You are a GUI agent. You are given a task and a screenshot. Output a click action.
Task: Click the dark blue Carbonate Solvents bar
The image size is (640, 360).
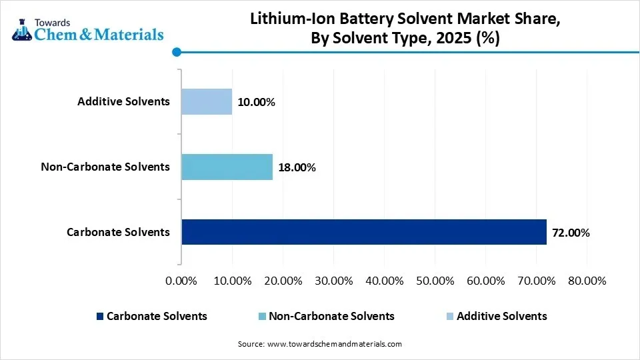pyautogui.click(x=363, y=232)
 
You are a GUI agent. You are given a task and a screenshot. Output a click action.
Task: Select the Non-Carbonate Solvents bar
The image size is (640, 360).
pyautogui.click(x=227, y=167)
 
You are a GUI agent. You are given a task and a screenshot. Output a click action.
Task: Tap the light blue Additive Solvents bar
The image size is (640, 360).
pyautogui.click(x=207, y=101)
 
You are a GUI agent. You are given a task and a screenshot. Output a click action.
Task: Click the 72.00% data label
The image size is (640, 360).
pyautogui.click(x=571, y=233)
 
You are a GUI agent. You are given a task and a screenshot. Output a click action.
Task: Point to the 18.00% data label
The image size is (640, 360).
pyautogui.click(x=297, y=167)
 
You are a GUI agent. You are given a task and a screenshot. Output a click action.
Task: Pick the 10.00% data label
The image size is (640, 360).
pyautogui.click(x=256, y=102)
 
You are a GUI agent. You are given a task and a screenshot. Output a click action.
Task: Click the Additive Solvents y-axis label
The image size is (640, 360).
pyautogui.click(x=123, y=101)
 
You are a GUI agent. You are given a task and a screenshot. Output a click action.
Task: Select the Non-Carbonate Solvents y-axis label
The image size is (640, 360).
pyautogui.click(x=105, y=167)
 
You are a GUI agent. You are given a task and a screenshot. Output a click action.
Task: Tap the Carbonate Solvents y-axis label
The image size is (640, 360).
pyautogui.click(x=118, y=232)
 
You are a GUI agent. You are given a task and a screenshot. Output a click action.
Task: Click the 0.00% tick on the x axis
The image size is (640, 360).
pyautogui.click(x=181, y=281)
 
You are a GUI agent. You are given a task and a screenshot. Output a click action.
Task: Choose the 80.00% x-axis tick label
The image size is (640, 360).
pyautogui.click(x=586, y=281)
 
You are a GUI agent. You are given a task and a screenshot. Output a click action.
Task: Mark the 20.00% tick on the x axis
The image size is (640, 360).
pyautogui.click(x=282, y=281)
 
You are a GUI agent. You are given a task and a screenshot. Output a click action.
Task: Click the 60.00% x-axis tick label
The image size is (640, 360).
pyautogui.click(x=485, y=281)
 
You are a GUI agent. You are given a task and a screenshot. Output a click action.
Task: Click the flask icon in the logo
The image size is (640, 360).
pyautogui.click(x=22, y=30)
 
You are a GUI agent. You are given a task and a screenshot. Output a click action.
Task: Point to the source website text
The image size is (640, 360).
pyautogui.click(x=320, y=344)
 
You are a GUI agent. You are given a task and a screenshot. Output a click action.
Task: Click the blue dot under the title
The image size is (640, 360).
pyautogui.click(x=177, y=52)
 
